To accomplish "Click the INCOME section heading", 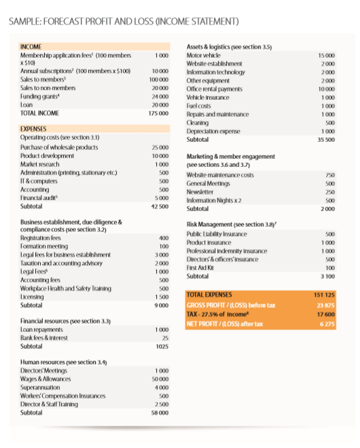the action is point(32,47).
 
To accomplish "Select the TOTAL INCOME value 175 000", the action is point(160,113).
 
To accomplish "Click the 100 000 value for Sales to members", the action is point(160,79).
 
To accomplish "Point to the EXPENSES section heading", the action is point(35,128).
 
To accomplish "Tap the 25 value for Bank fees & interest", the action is point(164,337).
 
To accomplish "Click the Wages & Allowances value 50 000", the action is point(161,379).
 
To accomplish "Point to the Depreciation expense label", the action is point(213,130).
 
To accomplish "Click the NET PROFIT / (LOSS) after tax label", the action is point(225,324).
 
